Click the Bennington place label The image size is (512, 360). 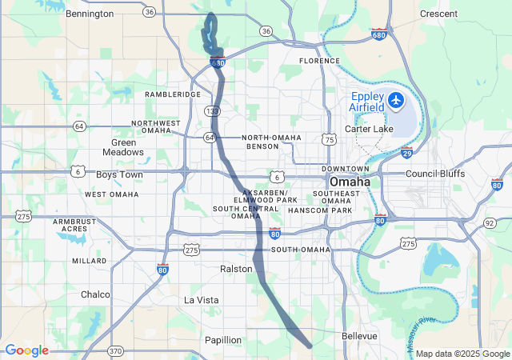coord(90,14)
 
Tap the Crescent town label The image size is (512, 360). coord(438,14)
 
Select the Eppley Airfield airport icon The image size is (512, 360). coord(396,101)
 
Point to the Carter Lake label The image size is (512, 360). coord(369,129)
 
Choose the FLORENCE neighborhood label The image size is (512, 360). coord(320,61)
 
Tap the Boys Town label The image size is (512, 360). coord(119,174)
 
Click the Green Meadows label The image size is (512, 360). coord(123,146)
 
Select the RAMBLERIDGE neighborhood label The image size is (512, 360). coord(173,94)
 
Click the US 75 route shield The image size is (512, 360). coord(330,139)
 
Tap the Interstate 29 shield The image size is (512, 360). coord(406,153)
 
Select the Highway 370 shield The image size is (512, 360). coord(115,350)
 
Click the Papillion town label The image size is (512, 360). coord(222,340)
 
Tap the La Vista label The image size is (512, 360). coord(201,300)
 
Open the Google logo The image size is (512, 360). coord(26,350)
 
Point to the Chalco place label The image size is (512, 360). coord(95,294)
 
